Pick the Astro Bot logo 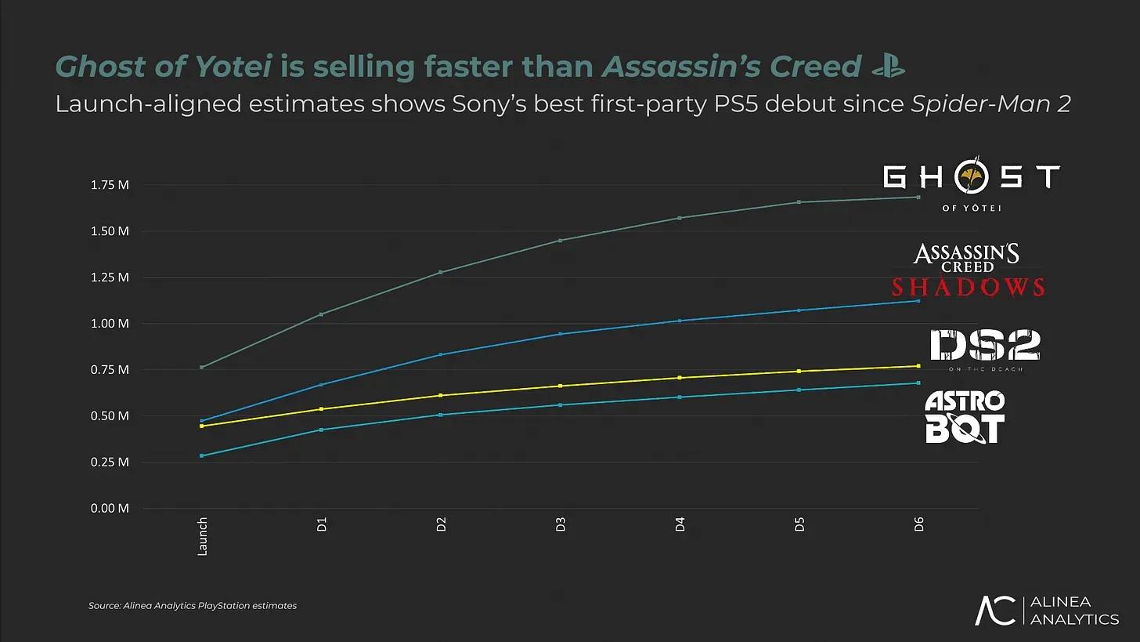pos(965,417)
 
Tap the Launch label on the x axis pos(202,536)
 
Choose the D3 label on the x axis pos(561,525)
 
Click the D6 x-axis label pos(918,525)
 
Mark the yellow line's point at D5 pos(799,372)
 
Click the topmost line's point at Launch pos(202,367)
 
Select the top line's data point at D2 pos(441,272)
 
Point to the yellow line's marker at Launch pos(202,426)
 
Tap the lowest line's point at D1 pos(322,430)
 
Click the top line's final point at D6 pos(918,197)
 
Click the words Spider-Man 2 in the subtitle pos(990,104)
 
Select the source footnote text pos(193,606)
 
